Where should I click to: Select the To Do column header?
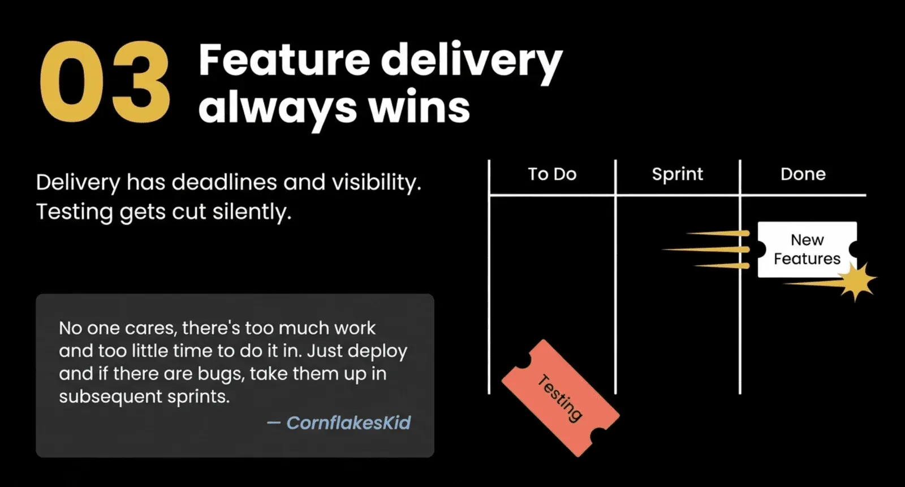pos(552,174)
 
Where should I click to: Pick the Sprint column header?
pos(678,175)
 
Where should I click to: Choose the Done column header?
pos(803,174)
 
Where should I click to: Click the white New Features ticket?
pos(807,249)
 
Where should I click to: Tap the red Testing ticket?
pos(561,399)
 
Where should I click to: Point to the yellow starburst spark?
pos(857,281)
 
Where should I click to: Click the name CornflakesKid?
pos(348,423)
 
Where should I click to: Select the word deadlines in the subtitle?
pos(224,182)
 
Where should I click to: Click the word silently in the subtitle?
pos(252,212)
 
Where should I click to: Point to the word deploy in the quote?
pos(377,351)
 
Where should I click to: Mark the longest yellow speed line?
pos(705,250)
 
